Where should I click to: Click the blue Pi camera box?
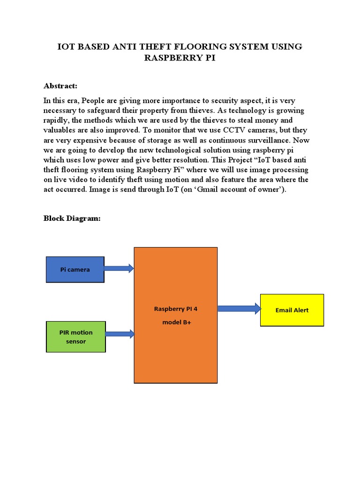coord(75,270)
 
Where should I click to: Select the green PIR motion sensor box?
coord(76,337)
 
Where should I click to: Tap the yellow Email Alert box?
coord(292,310)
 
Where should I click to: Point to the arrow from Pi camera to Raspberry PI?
coord(119,269)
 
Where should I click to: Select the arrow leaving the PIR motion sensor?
coord(120,334)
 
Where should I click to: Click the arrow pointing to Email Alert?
coord(239,308)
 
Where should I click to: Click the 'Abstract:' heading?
coord(60,86)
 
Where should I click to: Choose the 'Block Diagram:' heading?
coord(72,218)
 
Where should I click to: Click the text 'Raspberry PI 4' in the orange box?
coord(179,309)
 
